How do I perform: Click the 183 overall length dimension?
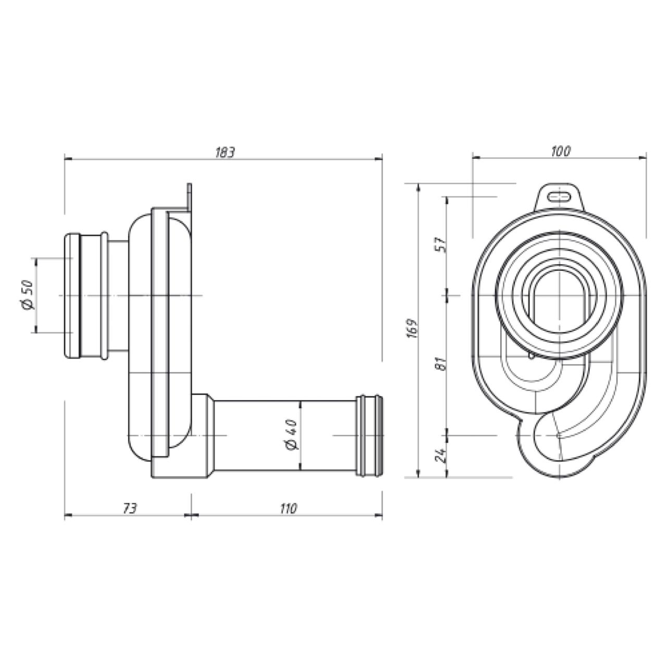225,152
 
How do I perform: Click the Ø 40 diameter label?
292,435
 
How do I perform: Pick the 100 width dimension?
560,151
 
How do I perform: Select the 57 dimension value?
441,245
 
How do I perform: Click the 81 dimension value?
441,363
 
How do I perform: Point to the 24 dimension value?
441,455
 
